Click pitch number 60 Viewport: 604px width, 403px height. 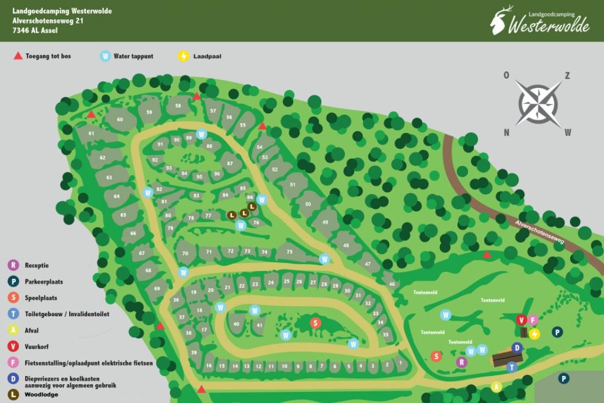(x=120, y=120)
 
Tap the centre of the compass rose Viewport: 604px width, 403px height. (x=538, y=103)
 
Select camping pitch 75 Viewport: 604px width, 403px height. (x=289, y=252)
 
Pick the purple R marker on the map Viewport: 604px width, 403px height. (x=462, y=362)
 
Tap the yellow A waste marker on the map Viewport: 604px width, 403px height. (x=496, y=387)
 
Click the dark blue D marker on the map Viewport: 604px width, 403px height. (x=517, y=348)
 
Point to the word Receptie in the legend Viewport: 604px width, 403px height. (x=37, y=265)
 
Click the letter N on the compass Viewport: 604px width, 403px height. (x=506, y=132)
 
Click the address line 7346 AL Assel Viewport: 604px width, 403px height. (x=35, y=31)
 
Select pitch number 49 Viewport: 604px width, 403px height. (x=325, y=222)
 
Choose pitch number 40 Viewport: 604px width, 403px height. (x=236, y=324)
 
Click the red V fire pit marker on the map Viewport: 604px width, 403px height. (x=521, y=320)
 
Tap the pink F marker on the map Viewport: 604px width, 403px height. (x=533, y=320)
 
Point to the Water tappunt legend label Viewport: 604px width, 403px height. (x=133, y=56)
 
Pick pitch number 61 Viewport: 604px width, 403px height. (x=92, y=133)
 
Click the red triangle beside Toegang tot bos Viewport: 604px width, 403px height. (x=18, y=56)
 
